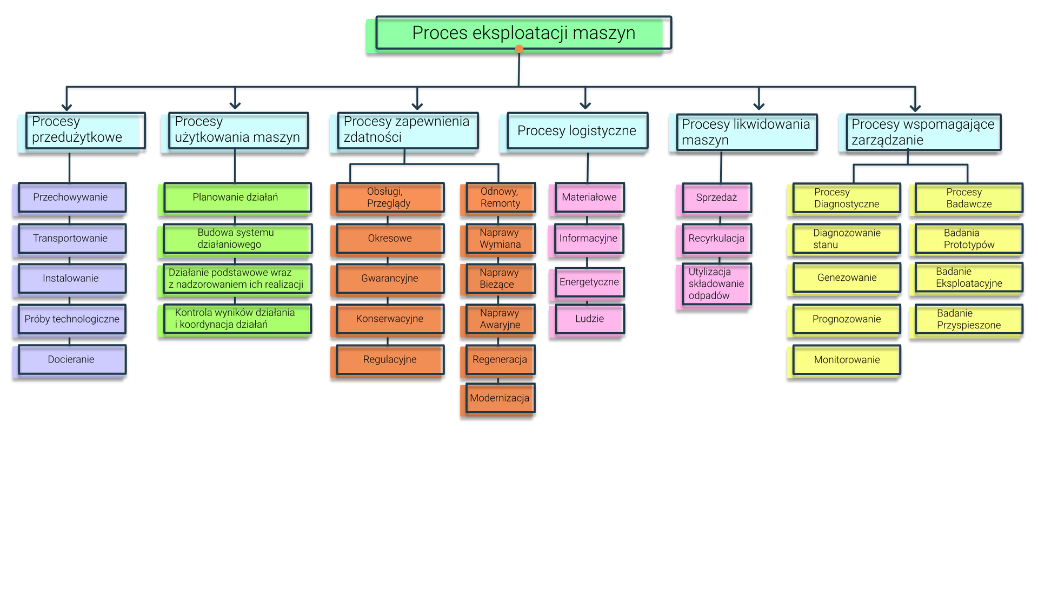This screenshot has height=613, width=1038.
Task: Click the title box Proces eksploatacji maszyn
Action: coord(523,33)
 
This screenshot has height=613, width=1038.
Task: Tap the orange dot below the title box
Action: coord(519,49)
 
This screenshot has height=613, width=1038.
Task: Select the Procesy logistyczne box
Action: coord(577,131)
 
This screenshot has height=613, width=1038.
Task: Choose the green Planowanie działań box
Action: coord(237,197)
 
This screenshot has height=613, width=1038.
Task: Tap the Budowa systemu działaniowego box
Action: coord(237,239)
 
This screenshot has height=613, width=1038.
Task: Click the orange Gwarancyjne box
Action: coord(390,279)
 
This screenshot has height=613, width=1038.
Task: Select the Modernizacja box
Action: coord(500,398)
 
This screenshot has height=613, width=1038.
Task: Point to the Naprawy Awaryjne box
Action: coord(500,319)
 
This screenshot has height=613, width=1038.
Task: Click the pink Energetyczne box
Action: coord(589,282)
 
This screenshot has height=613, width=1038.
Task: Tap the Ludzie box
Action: coord(589,319)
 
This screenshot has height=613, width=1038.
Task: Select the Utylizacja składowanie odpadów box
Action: coord(716,284)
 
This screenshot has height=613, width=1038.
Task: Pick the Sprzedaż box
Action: coord(716,198)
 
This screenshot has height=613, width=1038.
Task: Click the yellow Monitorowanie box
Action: coord(847,360)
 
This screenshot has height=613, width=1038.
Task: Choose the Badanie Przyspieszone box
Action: coord(969,319)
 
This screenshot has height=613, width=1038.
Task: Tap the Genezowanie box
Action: coord(847,278)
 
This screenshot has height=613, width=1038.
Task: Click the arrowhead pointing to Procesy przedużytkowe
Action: coord(67,106)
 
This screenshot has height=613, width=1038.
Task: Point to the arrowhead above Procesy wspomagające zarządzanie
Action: coord(915,107)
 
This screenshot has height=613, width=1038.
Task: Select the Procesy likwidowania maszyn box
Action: coord(746,133)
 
